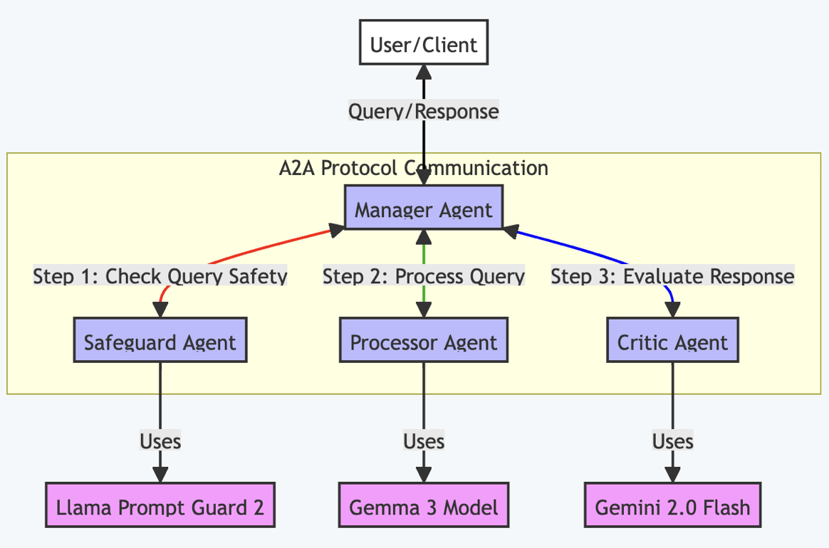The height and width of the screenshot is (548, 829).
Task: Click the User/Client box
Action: [423, 44]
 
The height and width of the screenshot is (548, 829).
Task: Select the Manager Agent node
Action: [423, 209]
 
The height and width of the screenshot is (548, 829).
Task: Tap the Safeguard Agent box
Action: [160, 342]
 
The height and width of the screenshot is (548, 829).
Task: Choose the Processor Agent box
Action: [423, 342]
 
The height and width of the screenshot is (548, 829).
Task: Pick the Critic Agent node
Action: [672, 342]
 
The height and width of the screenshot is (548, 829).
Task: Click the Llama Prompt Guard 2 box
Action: [160, 507]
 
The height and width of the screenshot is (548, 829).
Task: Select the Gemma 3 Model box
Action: [423, 507]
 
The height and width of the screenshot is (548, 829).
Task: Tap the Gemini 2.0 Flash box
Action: [672, 507]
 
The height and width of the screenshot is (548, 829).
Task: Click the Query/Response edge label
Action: [423, 112]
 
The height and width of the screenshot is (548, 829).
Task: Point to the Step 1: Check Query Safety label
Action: [160, 276]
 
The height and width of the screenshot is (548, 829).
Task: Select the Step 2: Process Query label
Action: [423, 276]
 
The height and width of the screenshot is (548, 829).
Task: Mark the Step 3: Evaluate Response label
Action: [672, 276]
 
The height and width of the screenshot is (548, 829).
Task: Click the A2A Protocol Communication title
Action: [414, 168]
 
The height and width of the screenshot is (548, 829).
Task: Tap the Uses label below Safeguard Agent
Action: [160, 441]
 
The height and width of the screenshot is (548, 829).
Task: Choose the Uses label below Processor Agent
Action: [423, 441]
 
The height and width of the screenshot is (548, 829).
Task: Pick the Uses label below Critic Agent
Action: [672, 441]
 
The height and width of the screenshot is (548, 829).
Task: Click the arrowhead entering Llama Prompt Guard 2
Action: [160, 475]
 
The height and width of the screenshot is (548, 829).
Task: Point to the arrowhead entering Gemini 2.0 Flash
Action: [672, 475]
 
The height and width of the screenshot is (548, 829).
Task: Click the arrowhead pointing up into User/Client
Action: [424, 72]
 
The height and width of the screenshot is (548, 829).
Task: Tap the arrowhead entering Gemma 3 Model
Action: [424, 475]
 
